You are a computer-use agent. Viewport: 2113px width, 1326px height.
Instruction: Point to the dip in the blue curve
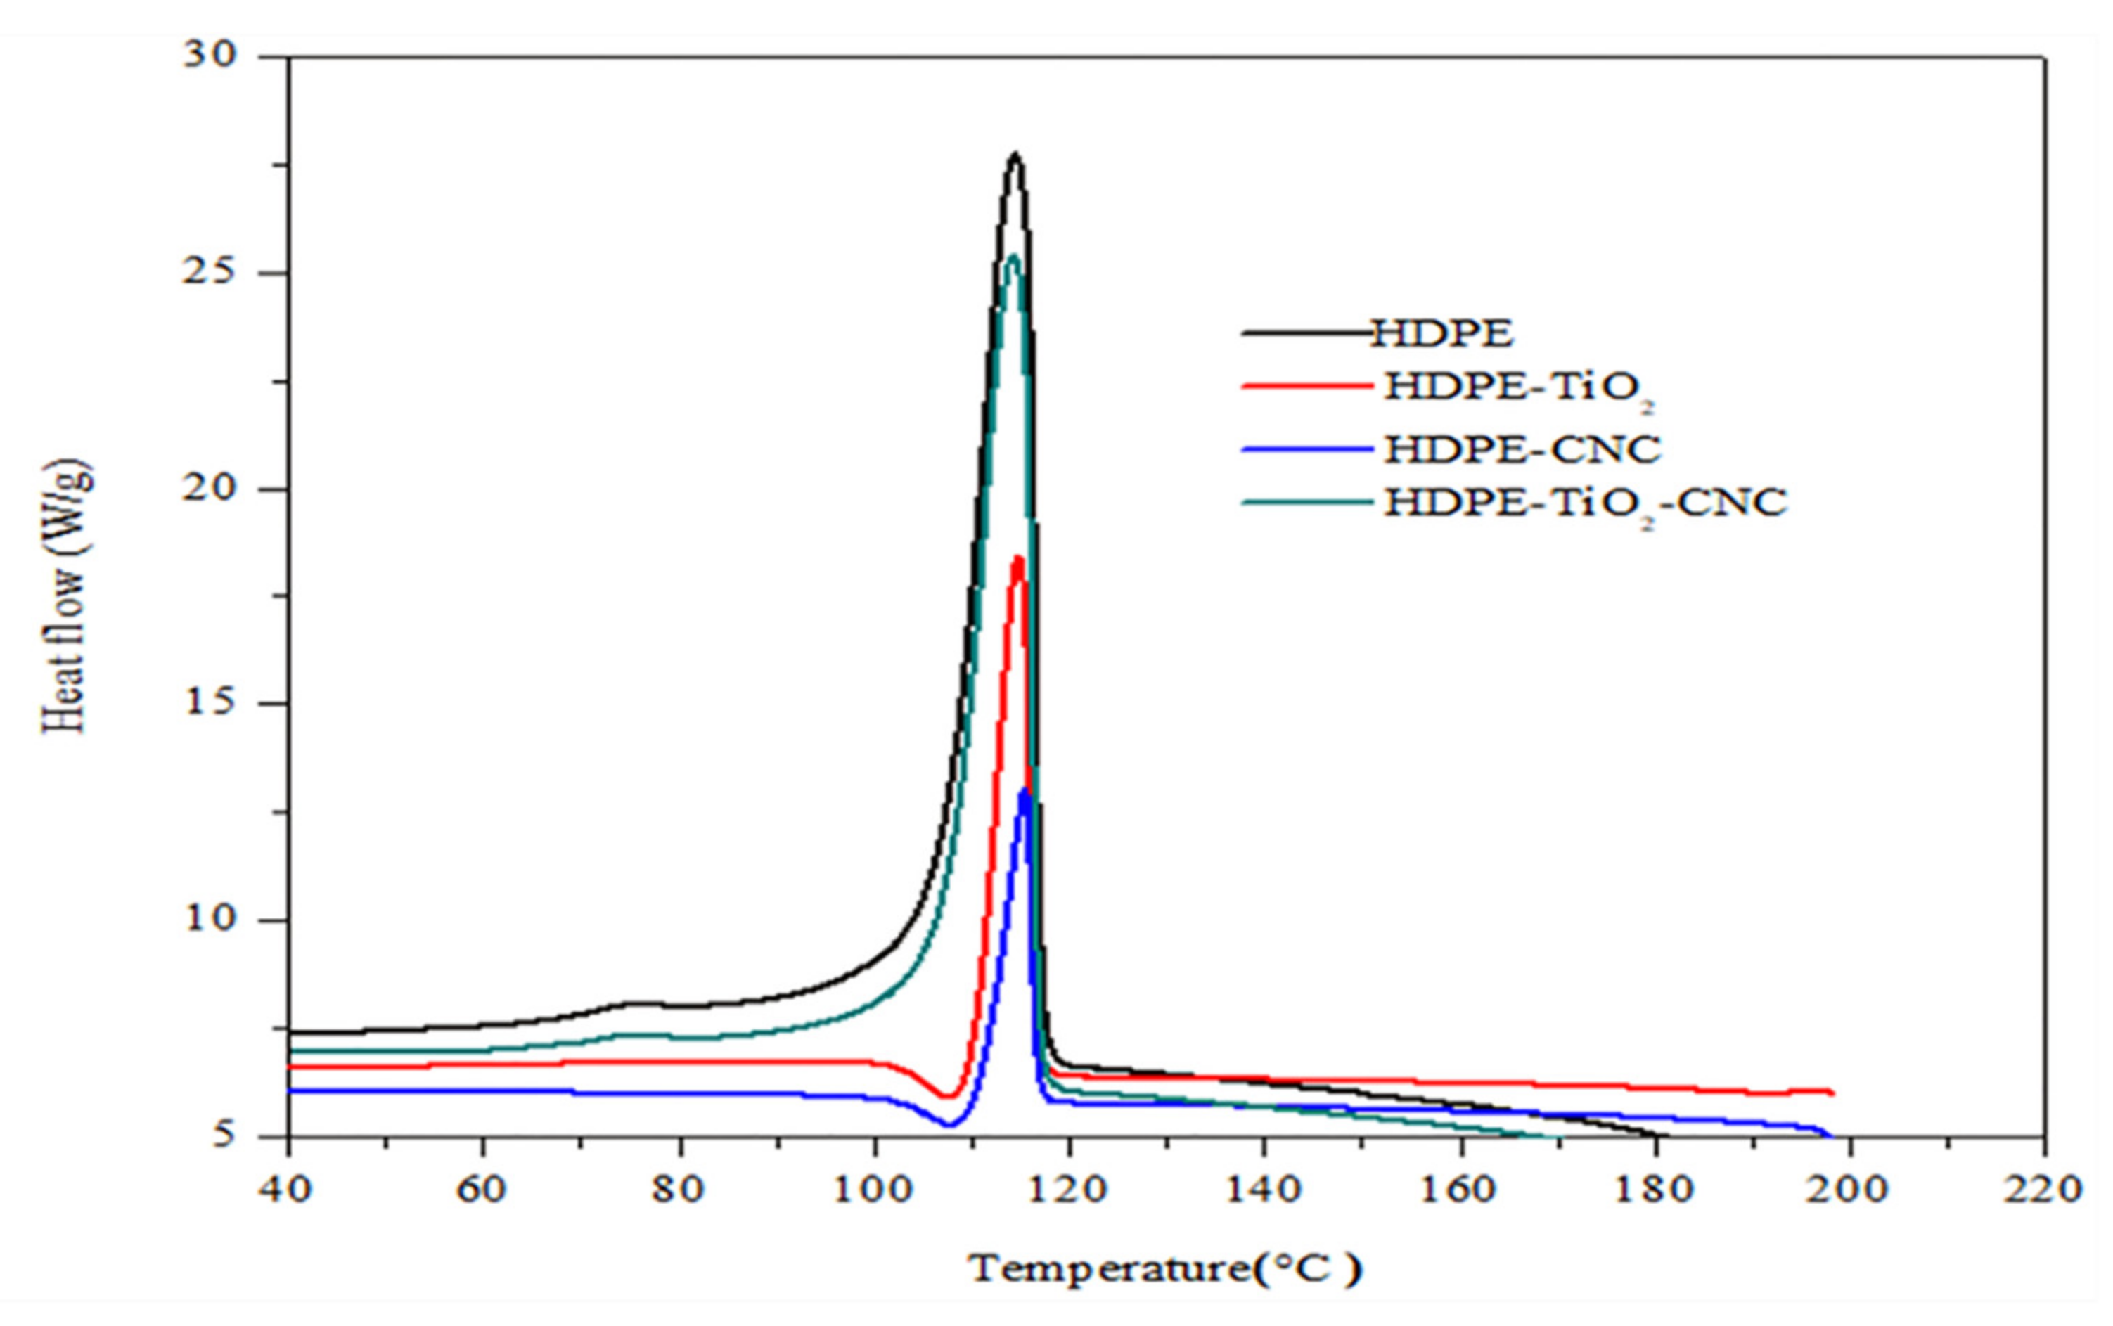click(947, 1124)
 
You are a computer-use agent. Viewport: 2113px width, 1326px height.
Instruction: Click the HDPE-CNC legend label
click(1522, 449)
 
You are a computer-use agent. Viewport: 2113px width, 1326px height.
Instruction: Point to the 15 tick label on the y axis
click(210, 704)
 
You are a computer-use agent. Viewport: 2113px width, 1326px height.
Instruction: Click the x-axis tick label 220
click(2043, 1190)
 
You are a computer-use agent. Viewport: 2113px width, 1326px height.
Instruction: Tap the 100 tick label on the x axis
click(873, 1190)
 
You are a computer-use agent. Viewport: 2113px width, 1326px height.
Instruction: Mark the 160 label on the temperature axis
click(1458, 1190)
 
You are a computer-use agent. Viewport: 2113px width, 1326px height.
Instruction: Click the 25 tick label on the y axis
click(210, 272)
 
